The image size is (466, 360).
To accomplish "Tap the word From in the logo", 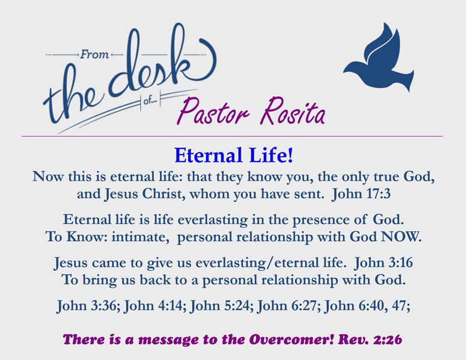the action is pyautogui.click(x=95, y=54).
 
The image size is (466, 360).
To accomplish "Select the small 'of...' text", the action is pyautogui.click(x=150, y=101).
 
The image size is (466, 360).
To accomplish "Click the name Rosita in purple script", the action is pyautogui.click(x=293, y=112).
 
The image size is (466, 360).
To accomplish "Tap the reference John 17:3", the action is pyautogui.click(x=361, y=194).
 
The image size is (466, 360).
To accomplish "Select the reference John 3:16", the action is pyautogui.click(x=383, y=263).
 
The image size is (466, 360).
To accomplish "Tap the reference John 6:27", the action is pyautogui.click(x=288, y=306).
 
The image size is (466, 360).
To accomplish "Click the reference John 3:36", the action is pyautogui.click(x=88, y=306).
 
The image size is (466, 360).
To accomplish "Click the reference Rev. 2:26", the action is pyautogui.click(x=370, y=340).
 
